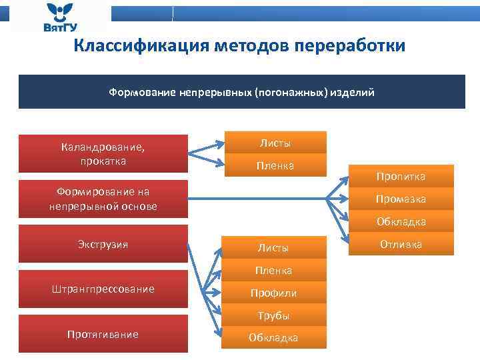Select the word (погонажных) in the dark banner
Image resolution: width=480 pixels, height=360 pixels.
pyautogui.click(x=291, y=92)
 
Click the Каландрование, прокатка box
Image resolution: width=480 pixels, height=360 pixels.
pyautogui.click(x=103, y=153)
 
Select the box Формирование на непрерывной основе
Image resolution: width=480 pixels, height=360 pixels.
pyautogui.click(x=103, y=199)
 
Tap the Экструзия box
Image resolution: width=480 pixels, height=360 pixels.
pyautogui.click(x=103, y=244)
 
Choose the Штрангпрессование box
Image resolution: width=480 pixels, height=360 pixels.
pyautogui.click(x=103, y=289)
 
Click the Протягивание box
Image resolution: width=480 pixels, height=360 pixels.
pyautogui.click(x=103, y=334)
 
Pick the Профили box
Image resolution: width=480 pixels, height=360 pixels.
pyautogui.click(x=273, y=293)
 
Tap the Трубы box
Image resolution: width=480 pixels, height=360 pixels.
pyautogui.click(x=273, y=315)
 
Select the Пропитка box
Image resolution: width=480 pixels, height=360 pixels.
pyautogui.click(x=401, y=176)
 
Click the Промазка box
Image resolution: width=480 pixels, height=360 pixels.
pyautogui.click(x=401, y=199)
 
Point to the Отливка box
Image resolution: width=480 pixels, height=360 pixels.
pyautogui.click(x=401, y=245)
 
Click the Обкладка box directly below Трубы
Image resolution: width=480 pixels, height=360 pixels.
pyautogui.click(x=273, y=338)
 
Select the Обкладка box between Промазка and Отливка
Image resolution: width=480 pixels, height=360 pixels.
pyautogui.click(x=401, y=221)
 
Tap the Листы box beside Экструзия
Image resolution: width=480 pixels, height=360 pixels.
pyautogui.click(x=273, y=247)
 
